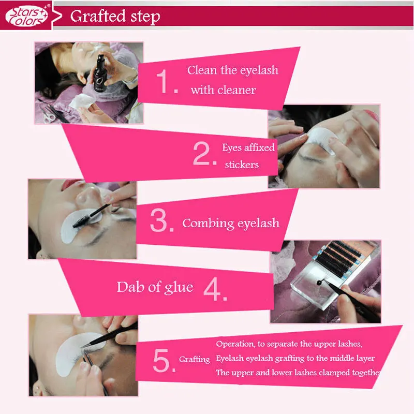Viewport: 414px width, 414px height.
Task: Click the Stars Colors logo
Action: (x=27, y=16)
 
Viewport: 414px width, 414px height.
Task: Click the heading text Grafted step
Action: (x=115, y=17)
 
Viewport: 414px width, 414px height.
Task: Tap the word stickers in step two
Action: (x=242, y=165)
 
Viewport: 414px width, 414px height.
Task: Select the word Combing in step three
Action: (x=209, y=224)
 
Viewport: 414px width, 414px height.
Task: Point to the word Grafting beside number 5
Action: (x=195, y=360)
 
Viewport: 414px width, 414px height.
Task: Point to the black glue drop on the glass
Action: (x=319, y=283)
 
